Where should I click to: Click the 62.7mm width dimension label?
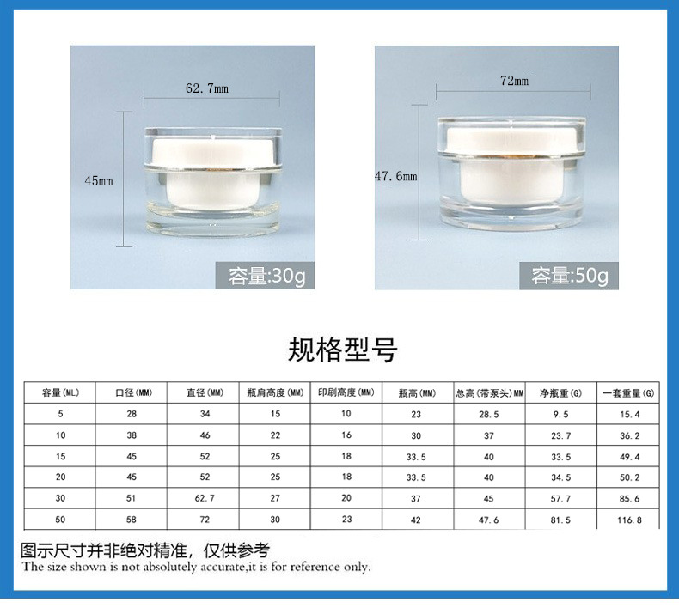click(207, 88)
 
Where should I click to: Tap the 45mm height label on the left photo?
click(99, 180)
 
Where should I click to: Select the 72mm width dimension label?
click(514, 81)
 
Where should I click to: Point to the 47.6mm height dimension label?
click(395, 176)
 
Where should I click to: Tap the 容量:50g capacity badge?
click(569, 276)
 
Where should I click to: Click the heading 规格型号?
click(342, 350)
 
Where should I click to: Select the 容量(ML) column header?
click(60, 392)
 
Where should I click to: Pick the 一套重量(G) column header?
click(627, 392)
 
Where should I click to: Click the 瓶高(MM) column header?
click(416, 392)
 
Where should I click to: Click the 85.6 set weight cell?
click(627, 498)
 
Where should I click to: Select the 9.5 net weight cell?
click(560, 414)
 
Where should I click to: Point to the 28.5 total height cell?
click(488, 414)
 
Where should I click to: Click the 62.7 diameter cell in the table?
click(204, 498)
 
